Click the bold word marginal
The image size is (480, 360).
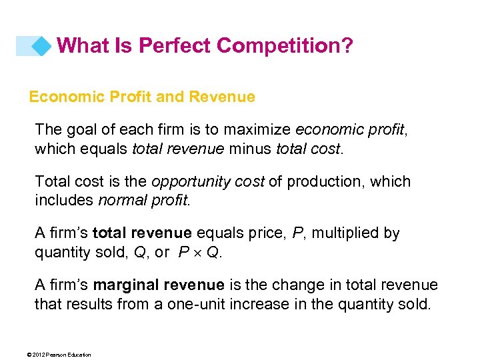[126, 285]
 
